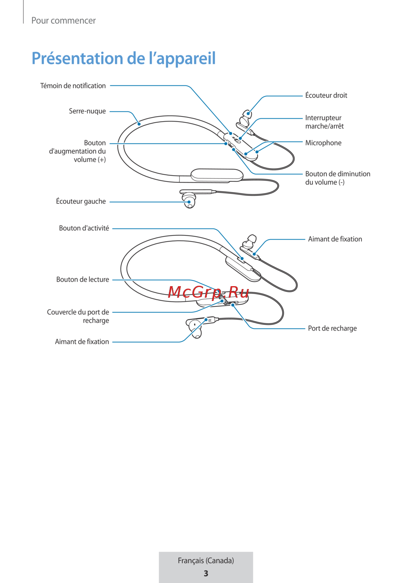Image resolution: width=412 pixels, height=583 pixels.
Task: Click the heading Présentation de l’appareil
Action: point(124,59)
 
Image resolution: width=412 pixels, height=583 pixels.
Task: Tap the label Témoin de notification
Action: point(73,86)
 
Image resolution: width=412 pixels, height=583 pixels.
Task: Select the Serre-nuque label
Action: point(87,111)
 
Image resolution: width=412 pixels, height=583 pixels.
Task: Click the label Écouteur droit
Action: point(326,95)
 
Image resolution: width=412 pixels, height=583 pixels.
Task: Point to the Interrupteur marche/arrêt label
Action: point(324,122)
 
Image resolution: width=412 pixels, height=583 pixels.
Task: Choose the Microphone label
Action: point(323,143)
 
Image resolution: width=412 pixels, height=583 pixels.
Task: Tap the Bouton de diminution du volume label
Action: point(337,178)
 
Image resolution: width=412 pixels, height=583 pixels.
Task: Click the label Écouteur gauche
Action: point(81,201)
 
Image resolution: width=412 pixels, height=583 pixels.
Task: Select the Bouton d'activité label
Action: point(84,228)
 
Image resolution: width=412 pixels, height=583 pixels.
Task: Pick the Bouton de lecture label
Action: point(82,279)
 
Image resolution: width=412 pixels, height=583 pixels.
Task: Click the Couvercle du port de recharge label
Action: point(78,316)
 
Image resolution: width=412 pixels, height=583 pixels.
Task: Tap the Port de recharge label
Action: point(332,328)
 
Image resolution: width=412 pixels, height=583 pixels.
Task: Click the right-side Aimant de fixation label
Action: point(335,239)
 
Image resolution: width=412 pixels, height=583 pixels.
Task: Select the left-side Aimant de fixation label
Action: point(82,341)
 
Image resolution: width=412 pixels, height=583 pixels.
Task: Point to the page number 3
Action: point(206,574)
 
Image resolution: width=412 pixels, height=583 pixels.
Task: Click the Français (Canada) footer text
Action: point(206,560)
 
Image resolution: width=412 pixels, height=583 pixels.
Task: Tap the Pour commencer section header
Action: point(63,20)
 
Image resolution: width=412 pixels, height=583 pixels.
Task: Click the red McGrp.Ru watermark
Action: point(208,292)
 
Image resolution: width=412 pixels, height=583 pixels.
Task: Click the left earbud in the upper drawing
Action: point(189,200)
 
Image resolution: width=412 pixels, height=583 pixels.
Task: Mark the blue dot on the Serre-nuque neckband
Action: point(139,124)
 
